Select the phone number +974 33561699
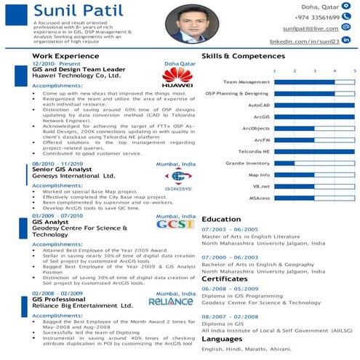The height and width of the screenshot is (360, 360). [317, 17]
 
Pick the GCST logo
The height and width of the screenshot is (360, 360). [176, 225]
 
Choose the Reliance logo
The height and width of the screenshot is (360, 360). [171, 300]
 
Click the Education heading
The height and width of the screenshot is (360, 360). [221, 219]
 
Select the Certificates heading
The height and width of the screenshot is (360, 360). [225, 279]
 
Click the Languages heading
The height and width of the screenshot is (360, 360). [222, 339]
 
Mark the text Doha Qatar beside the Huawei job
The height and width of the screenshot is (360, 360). [180, 64]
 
